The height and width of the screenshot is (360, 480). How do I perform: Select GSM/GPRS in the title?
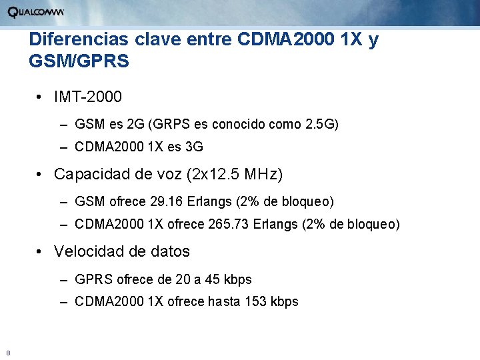pyautogui.click(x=79, y=62)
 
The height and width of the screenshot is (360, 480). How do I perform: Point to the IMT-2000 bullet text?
pyautogui.click(x=88, y=97)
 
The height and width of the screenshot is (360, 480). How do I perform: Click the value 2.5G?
pyautogui.click(x=321, y=123)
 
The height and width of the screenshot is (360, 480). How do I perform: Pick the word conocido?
pyautogui.click(x=243, y=123)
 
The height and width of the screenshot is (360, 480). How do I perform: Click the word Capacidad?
pyautogui.click(x=92, y=175)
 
